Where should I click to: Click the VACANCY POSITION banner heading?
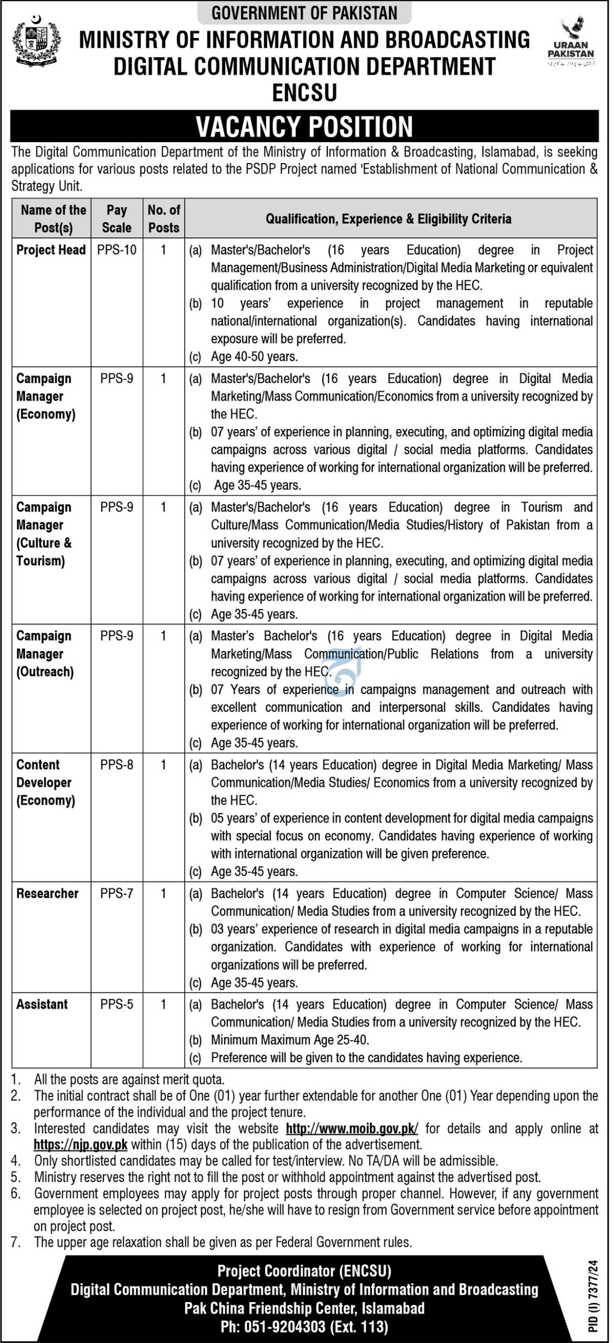304,126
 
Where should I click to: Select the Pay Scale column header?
117,219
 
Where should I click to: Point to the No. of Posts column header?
164,219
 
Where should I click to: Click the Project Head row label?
51,250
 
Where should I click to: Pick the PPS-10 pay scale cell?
117,250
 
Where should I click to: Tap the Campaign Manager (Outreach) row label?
45,654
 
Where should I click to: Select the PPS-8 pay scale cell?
117,765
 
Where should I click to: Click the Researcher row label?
47,893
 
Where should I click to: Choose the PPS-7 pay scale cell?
117,893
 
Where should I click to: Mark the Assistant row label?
42,1004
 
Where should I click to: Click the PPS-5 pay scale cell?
117,1004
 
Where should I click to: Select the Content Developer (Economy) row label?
46,782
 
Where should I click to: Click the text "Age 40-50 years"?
255,357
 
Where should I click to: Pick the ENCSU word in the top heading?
304,93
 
